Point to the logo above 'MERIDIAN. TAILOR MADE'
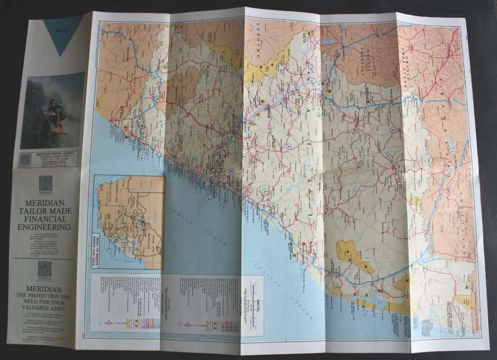click(46, 183)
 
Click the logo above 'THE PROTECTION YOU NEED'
click(45, 268)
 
